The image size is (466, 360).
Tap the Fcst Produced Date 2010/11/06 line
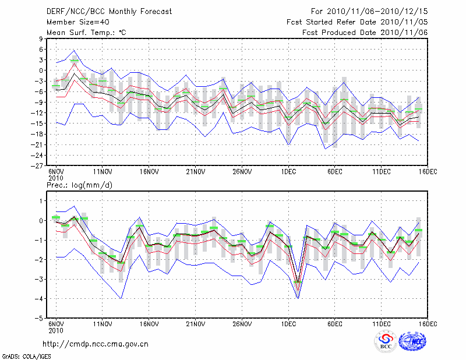[365, 33]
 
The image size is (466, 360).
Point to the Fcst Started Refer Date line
[357, 22]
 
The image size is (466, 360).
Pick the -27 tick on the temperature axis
[39, 165]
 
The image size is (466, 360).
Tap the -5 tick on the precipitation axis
[40, 319]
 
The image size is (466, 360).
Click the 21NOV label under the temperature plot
[195, 172]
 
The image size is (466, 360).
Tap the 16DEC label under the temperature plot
[428, 172]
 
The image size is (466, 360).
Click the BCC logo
[386, 343]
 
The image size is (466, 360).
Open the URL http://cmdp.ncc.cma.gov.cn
[96, 344]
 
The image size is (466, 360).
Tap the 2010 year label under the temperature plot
[55, 177]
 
